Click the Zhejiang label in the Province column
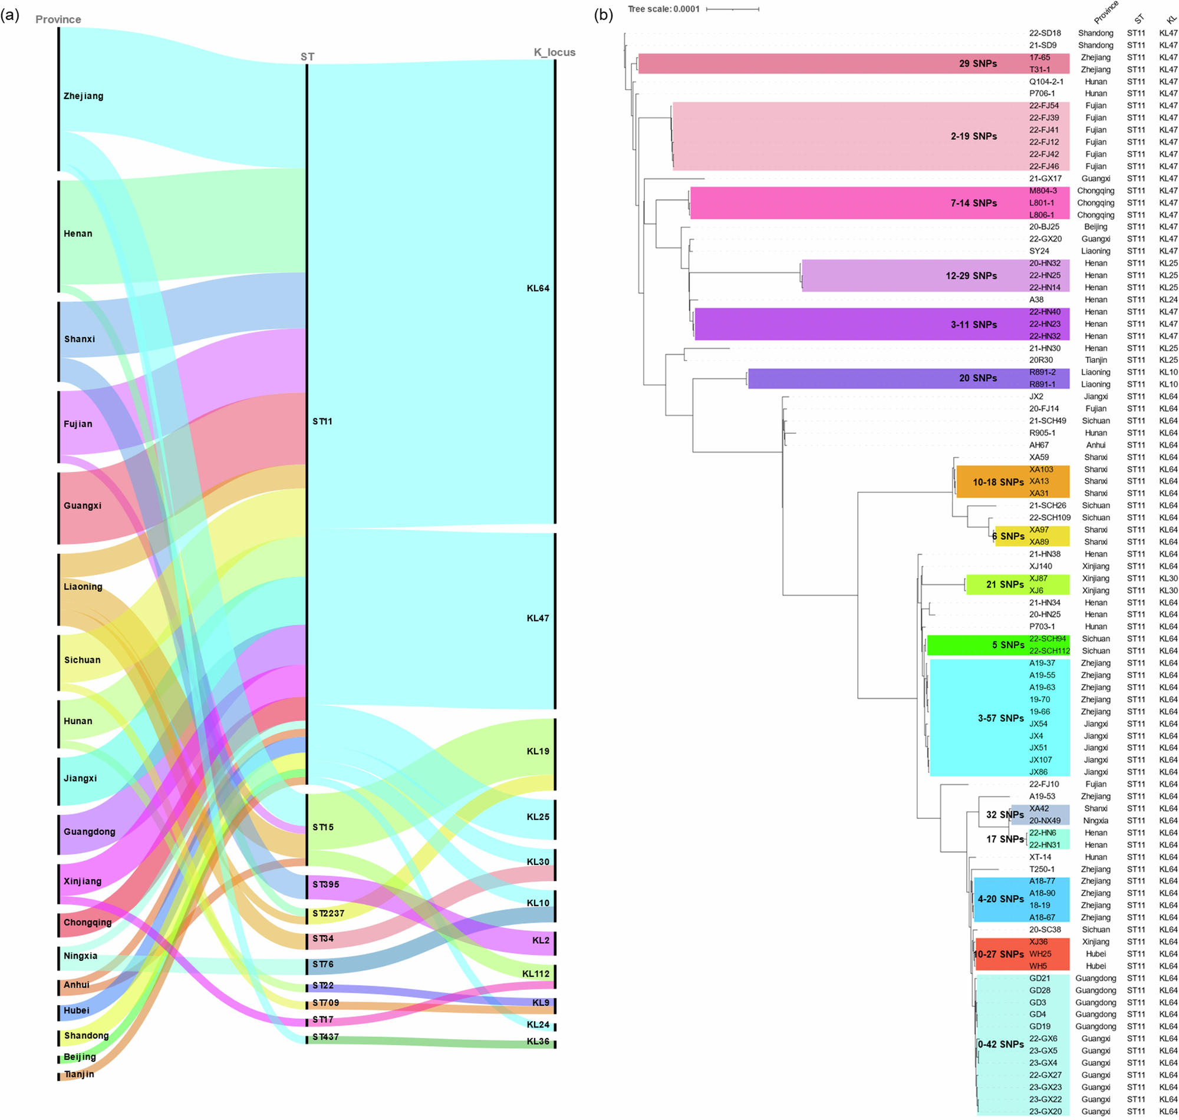coord(83,96)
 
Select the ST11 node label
coord(322,421)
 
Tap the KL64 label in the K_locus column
coord(538,288)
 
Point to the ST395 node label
coord(325,884)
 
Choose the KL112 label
coord(535,974)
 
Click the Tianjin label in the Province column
coord(79,1074)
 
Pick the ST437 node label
coord(325,1037)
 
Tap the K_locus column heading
coord(554,52)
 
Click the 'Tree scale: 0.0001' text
coord(663,9)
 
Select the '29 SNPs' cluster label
coord(978,63)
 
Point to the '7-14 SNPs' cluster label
coord(973,203)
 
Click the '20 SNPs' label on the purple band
coord(978,378)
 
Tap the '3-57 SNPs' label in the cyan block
coord(1000,718)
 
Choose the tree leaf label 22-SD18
coord(1045,33)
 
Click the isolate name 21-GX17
coord(1045,179)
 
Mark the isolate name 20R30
coord(1041,360)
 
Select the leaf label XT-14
coord(1040,857)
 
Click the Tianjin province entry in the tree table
coord(1095,360)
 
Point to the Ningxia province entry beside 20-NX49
coord(1095,820)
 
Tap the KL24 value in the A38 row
coord(1168,300)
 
